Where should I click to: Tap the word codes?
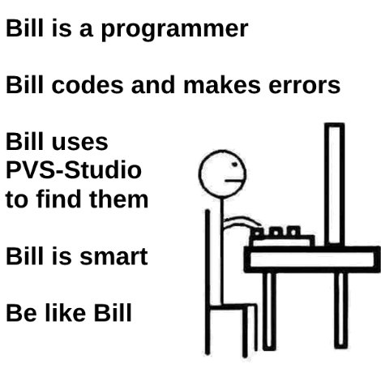tap(80, 86)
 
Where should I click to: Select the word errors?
tap(304, 86)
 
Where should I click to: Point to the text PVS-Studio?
tap(73, 171)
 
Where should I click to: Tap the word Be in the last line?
tap(19, 313)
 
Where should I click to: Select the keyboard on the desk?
tap(280, 237)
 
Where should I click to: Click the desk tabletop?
tap(312, 259)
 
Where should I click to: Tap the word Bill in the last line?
tap(110, 313)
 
